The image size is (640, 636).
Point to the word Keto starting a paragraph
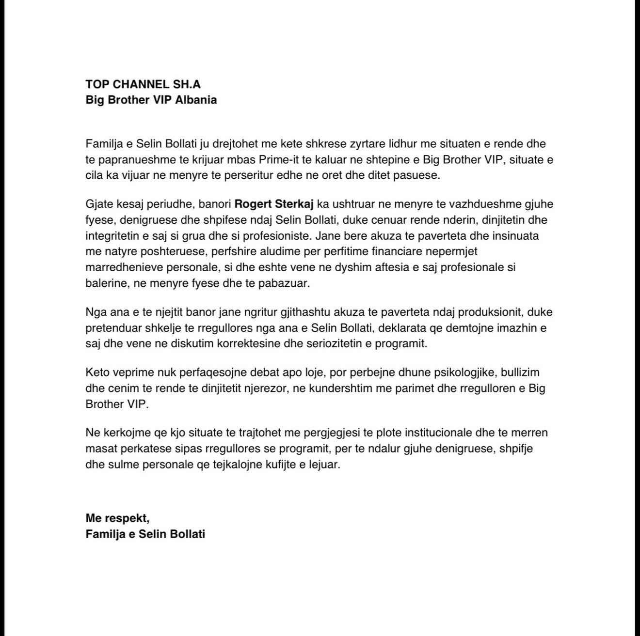click(97, 372)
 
